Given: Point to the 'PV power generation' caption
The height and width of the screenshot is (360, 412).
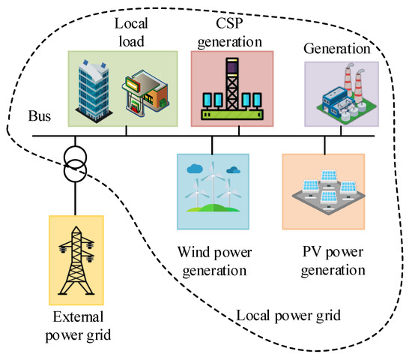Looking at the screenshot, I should (325, 260).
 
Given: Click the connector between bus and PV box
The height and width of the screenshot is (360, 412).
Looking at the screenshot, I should (325, 145).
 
